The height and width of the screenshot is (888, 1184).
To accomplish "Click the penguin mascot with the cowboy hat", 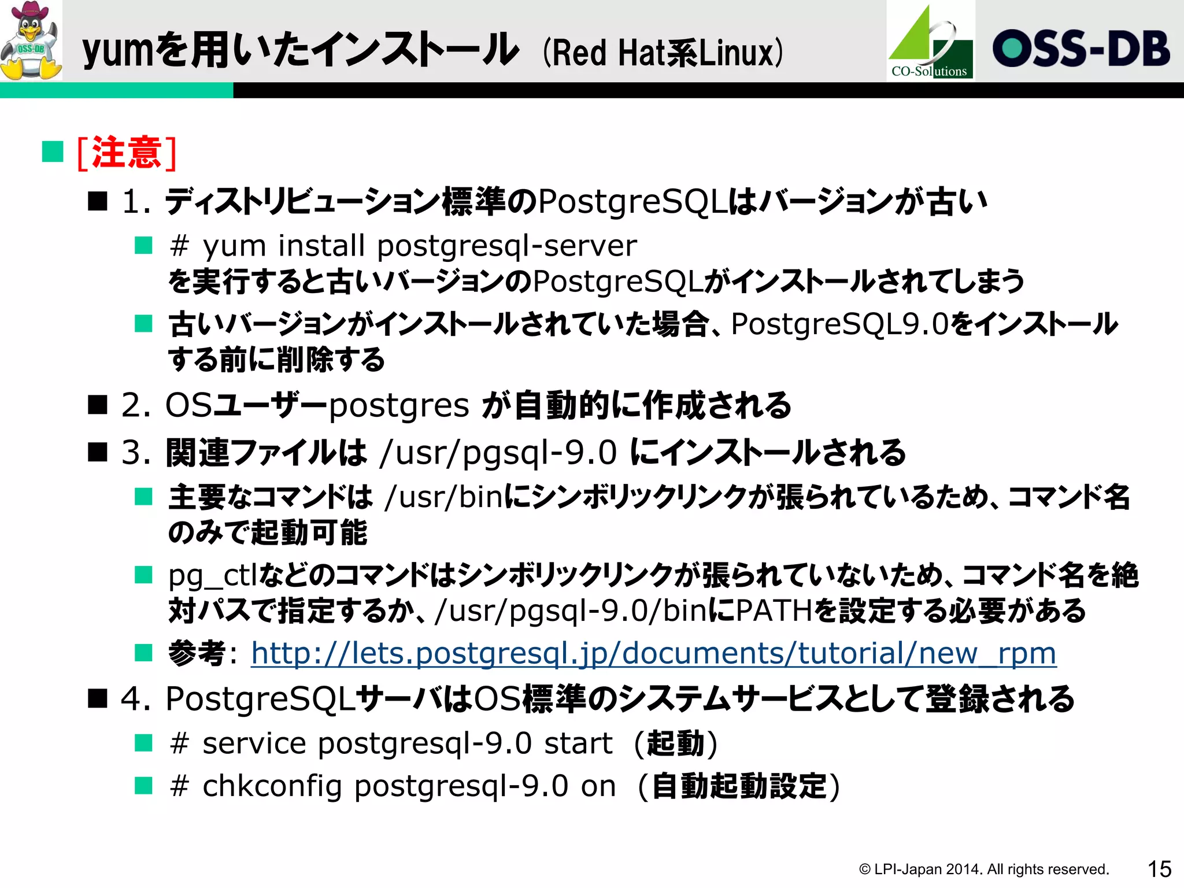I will (31, 40).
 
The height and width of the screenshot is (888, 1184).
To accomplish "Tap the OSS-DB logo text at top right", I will (1081, 49).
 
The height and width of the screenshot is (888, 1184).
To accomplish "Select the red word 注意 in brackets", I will (127, 153).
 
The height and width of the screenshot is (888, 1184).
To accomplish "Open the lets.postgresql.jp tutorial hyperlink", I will (653, 654).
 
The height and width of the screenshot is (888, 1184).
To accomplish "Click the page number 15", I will (1159, 869).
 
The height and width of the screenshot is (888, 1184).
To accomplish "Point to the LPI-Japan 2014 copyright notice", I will (983, 869).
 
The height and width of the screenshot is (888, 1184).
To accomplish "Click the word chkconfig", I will (272, 786).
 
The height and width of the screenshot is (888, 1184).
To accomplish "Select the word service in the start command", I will (254, 743).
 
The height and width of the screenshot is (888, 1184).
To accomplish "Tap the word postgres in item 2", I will (399, 406).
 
